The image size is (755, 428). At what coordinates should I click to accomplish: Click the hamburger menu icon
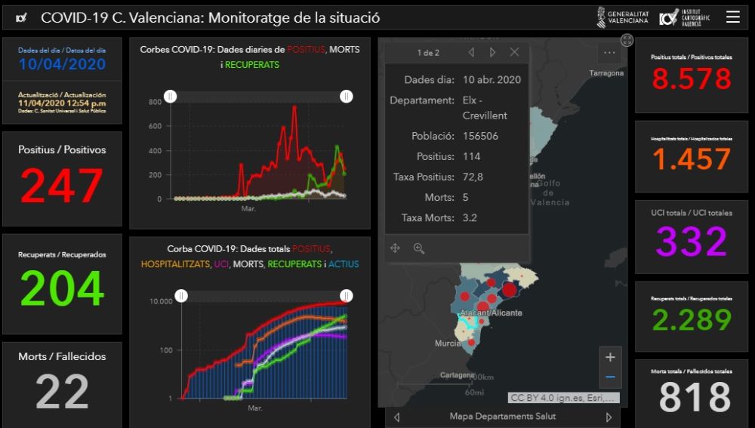tap(732, 17)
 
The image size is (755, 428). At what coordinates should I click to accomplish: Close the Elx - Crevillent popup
tap(514, 52)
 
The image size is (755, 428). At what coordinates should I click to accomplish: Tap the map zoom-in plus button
tap(610, 357)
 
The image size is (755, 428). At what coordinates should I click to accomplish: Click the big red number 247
tap(62, 186)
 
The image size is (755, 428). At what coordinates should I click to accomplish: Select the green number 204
tap(62, 288)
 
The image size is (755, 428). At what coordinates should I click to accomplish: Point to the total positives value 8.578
tap(692, 79)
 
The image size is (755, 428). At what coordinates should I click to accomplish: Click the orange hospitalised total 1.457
tap(692, 159)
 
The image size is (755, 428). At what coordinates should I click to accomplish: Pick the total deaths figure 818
tap(695, 397)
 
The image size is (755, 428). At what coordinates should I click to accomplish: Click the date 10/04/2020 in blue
tap(62, 64)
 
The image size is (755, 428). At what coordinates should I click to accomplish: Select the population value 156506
tap(480, 136)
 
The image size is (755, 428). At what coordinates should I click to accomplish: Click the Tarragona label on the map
tap(606, 73)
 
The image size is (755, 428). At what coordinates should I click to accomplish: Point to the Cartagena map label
tap(458, 374)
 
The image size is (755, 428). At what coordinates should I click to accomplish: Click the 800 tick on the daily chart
tap(156, 101)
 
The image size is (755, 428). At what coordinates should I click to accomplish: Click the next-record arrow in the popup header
tap(492, 52)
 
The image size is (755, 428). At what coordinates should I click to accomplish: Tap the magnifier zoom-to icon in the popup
tap(419, 248)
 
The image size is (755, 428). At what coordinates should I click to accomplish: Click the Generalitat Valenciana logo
tap(622, 17)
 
